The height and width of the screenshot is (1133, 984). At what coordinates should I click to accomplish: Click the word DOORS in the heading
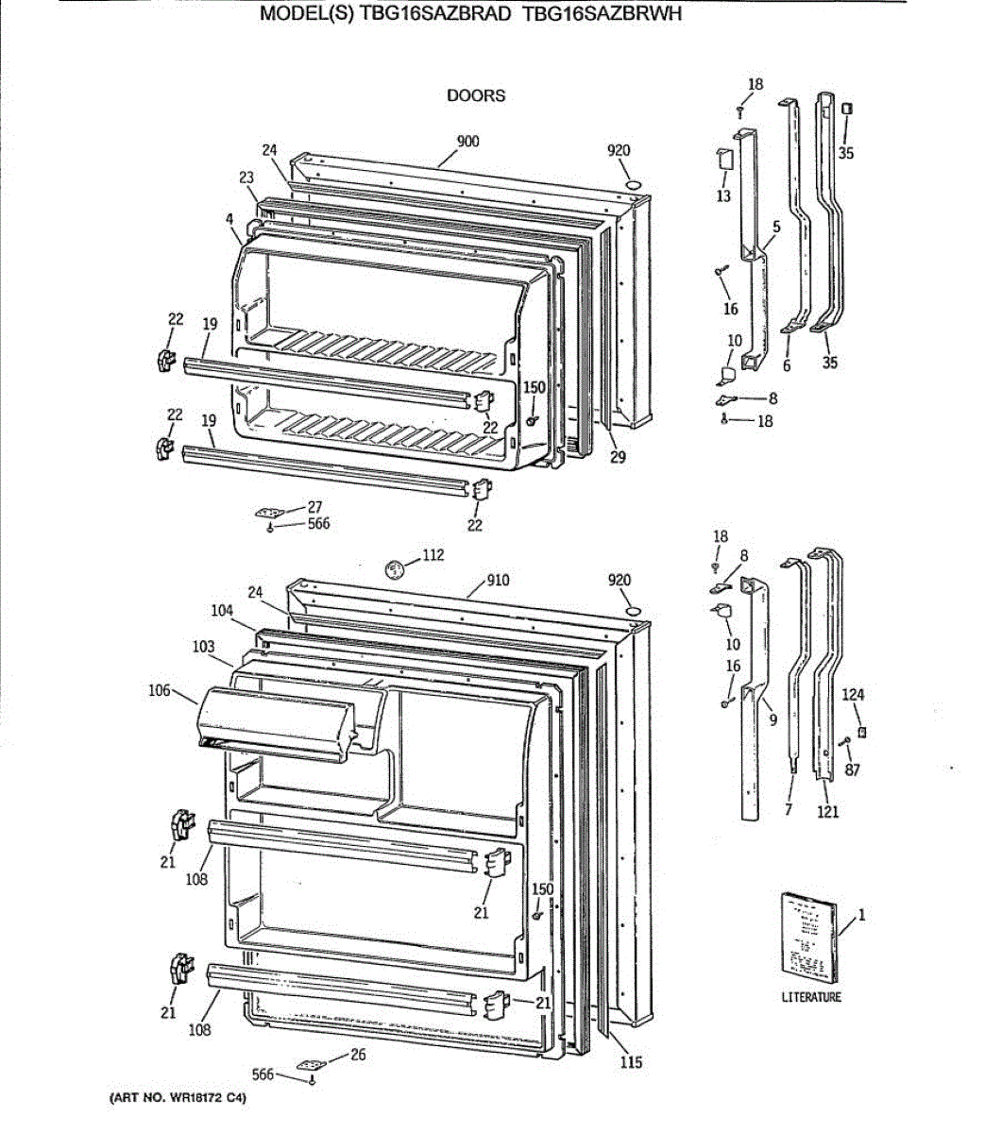pyautogui.click(x=476, y=95)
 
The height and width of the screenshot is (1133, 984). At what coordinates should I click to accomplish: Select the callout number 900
pyautogui.click(x=467, y=142)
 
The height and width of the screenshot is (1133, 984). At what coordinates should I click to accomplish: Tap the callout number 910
pyautogui.click(x=498, y=580)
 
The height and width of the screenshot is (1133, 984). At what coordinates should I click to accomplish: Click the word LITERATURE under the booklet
pyautogui.click(x=810, y=997)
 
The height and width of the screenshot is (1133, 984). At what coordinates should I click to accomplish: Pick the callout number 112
pyautogui.click(x=433, y=555)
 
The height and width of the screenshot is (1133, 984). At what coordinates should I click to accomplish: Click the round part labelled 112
pyautogui.click(x=396, y=568)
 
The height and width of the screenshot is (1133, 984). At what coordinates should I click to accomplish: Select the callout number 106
pyautogui.click(x=160, y=690)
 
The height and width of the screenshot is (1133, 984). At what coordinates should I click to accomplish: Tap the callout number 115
pyautogui.click(x=631, y=1062)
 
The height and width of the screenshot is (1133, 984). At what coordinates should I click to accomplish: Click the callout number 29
pyautogui.click(x=618, y=458)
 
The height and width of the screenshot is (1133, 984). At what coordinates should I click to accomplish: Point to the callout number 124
pyautogui.click(x=853, y=695)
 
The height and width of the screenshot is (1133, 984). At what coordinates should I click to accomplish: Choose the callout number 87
pyautogui.click(x=853, y=769)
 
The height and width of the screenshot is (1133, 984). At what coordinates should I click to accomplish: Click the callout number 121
pyautogui.click(x=827, y=811)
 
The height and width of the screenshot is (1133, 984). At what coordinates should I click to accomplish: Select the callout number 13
pyautogui.click(x=723, y=196)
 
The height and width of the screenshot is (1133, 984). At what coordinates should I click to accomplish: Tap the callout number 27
pyautogui.click(x=314, y=507)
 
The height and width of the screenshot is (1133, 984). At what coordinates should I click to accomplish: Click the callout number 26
pyautogui.click(x=358, y=1055)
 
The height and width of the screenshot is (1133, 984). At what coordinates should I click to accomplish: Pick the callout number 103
pyautogui.click(x=203, y=647)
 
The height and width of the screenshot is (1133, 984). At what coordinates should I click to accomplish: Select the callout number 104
pyautogui.click(x=222, y=611)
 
